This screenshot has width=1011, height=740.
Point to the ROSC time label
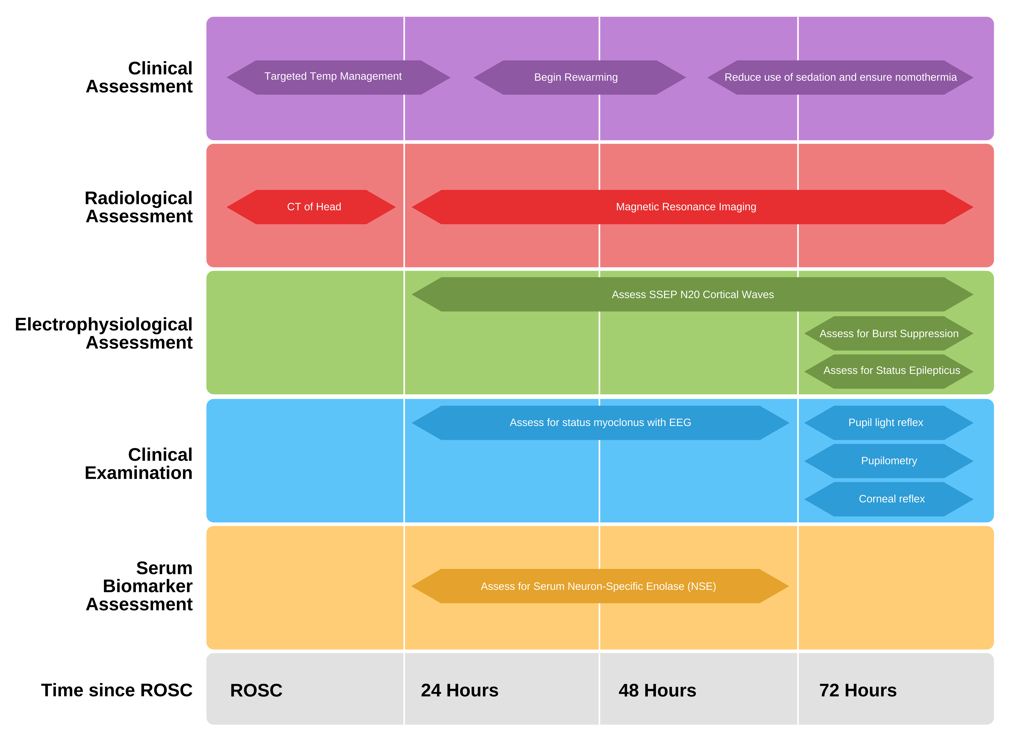256,690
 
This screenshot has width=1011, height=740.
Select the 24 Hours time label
459,690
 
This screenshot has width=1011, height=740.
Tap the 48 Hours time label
657,690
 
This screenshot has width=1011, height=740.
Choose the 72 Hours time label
857,690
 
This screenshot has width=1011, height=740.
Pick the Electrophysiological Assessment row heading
104,333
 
